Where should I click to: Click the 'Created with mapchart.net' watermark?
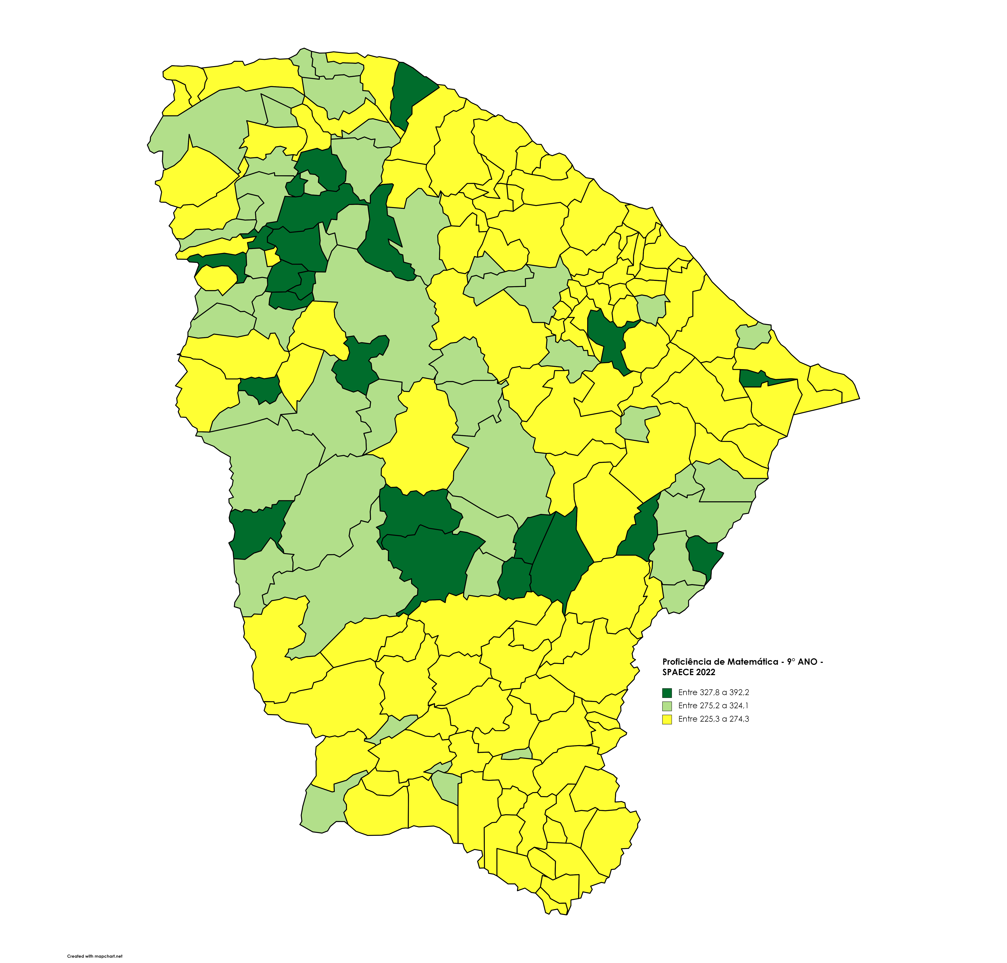[x=95, y=956]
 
